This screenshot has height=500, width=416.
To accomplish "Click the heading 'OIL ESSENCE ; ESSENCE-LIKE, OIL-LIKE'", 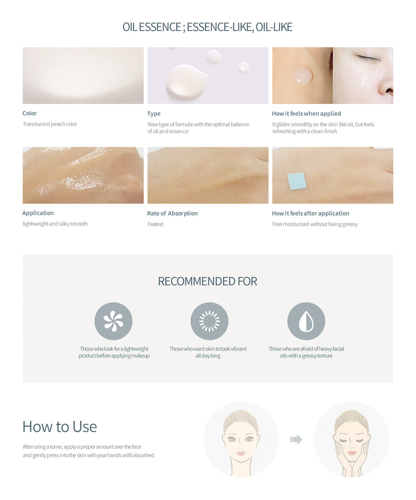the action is (x=208, y=27).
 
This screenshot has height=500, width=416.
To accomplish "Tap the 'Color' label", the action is (x=29, y=113).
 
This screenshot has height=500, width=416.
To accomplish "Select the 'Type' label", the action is (x=154, y=113).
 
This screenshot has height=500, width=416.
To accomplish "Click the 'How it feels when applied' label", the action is (x=306, y=113).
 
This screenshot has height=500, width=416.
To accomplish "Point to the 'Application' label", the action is (x=38, y=213).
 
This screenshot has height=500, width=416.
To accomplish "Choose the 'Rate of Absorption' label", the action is (x=172, y=214).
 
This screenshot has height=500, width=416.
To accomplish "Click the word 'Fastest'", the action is (x=155, y=224).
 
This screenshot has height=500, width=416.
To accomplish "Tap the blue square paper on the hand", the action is (x=297, y=181).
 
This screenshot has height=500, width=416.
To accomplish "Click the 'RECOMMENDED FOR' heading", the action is (x=208, y=282).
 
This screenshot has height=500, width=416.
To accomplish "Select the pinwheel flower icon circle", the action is (x=113, y=321).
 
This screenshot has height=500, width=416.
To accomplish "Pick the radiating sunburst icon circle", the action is (x=210, y=321).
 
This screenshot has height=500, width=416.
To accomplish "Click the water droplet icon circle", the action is (x=306, y=321).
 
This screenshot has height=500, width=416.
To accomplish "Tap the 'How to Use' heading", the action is (x=60, y=426).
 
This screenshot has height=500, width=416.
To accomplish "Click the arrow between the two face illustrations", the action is (x=296, y=440).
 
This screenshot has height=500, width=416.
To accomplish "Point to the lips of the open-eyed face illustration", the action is (x=241, y=453).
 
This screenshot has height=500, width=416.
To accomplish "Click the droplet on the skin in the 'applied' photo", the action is (x=303, y=75).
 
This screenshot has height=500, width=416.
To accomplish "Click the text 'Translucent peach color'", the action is (x=50, y=124).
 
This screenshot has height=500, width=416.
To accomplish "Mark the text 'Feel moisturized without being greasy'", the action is (x=315, y=224).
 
